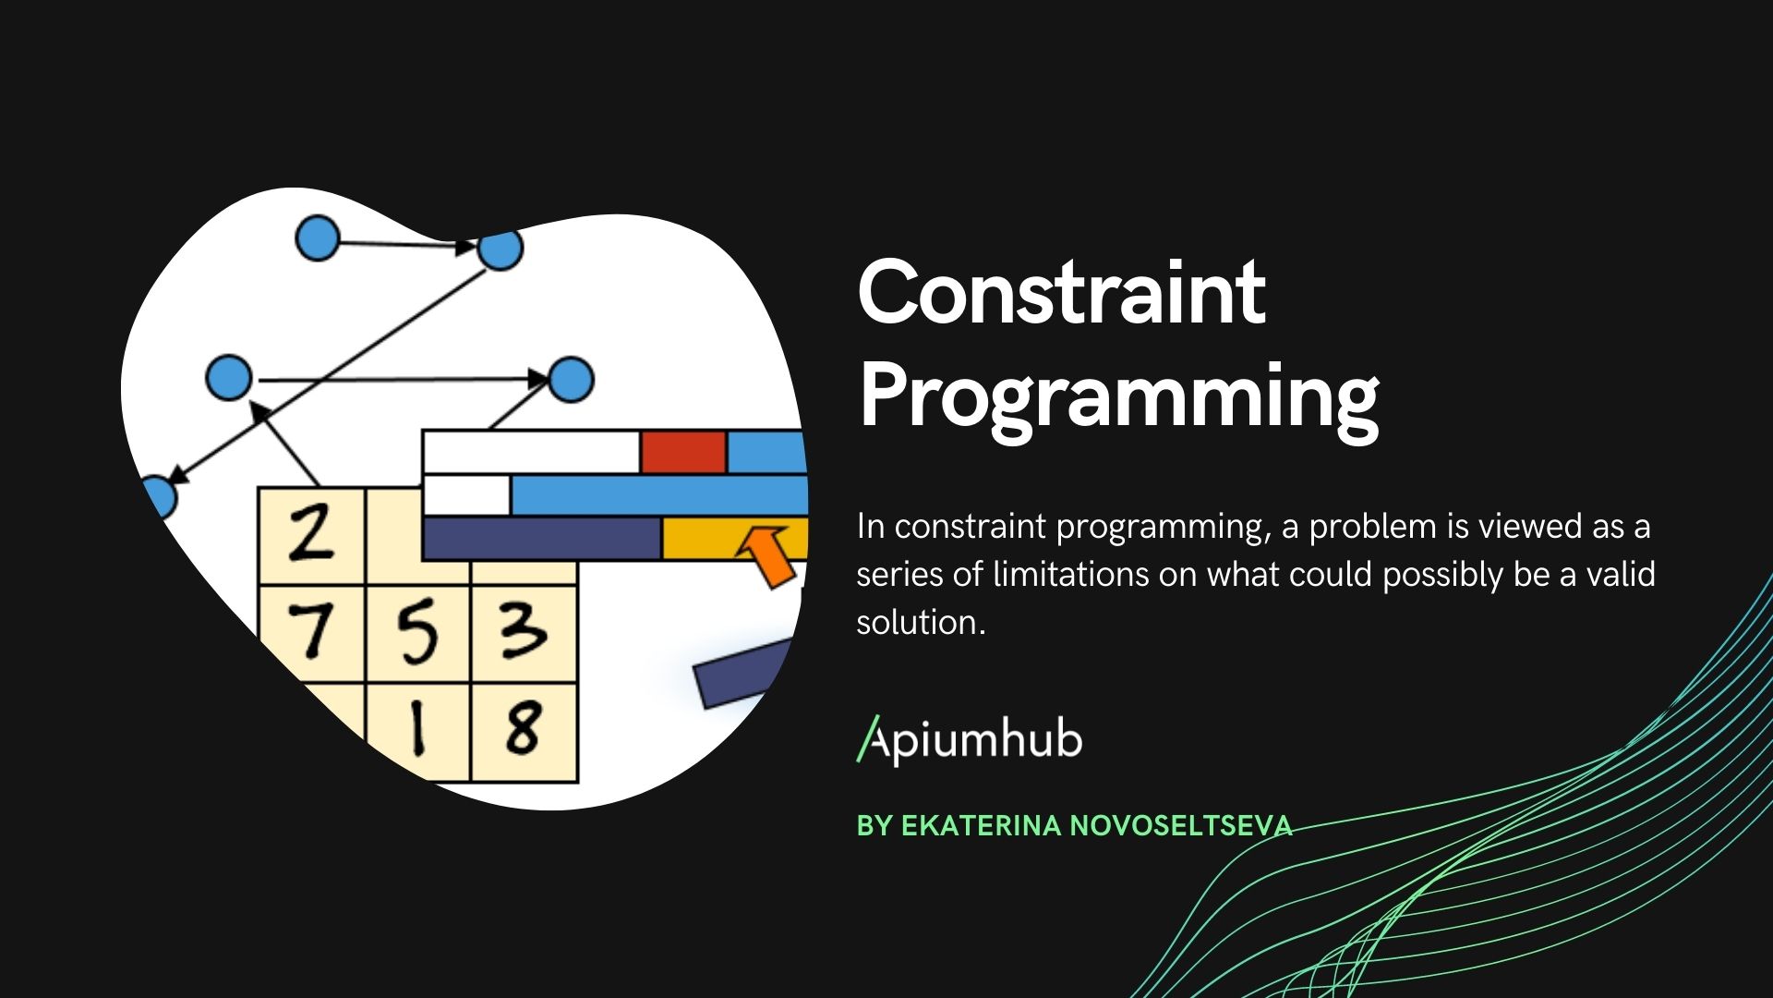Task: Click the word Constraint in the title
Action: tap(1061, 293)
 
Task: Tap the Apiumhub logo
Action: tap(970, 740)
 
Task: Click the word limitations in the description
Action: tap(1071, 575)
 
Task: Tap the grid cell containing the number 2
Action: tap(311, 536)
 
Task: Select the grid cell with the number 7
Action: tap(311, 633)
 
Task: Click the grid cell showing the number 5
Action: tap(417, 633)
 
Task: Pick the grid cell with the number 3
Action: tap(524, 633)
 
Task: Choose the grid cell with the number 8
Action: tap(524, 730)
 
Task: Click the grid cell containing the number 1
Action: tap(417, 730)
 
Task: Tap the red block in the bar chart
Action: tap(682, 452)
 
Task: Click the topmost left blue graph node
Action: tap(318, 238)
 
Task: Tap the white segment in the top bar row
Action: tap(531, 452)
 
